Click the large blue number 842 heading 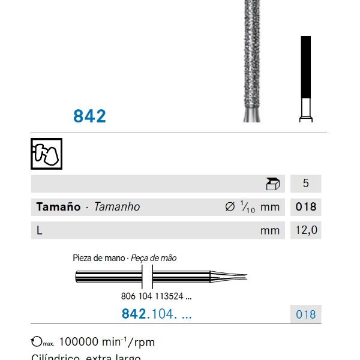point(89,116)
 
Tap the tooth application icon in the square point(46,154)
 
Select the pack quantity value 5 point(305,184)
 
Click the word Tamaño point(58,207)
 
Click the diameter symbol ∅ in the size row point(229,207)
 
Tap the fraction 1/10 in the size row point(247,207)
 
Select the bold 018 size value point(305,207)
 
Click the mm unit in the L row point(270,230)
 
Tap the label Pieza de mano point(98,258)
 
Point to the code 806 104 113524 point(152,296)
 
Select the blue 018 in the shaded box point(305,314)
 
